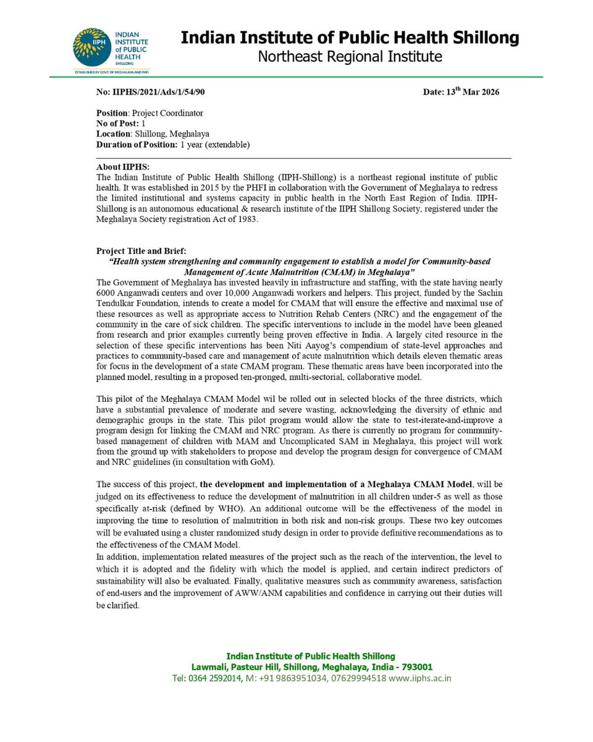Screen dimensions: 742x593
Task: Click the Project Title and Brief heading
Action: tap(140, 251)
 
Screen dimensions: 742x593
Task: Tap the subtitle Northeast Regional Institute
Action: tap(350, 57)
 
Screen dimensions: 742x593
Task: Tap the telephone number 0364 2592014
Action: tap(214, 678)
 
